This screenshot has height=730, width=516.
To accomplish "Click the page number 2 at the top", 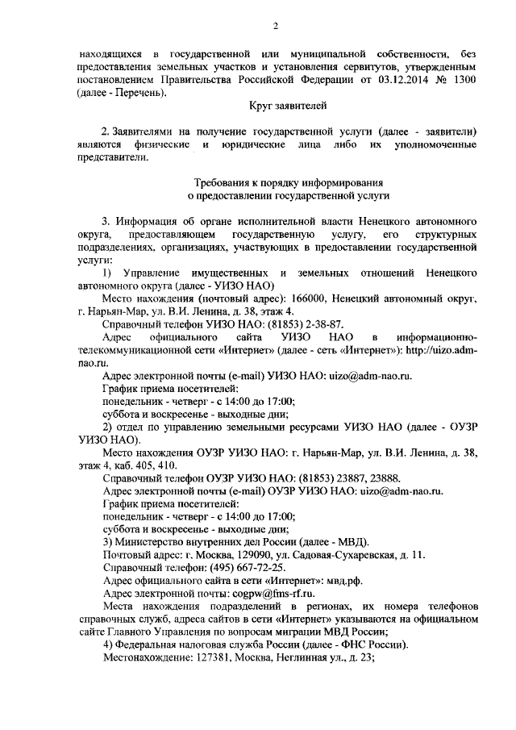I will point(276,27).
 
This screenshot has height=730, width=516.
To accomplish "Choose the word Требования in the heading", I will point(227,183).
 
